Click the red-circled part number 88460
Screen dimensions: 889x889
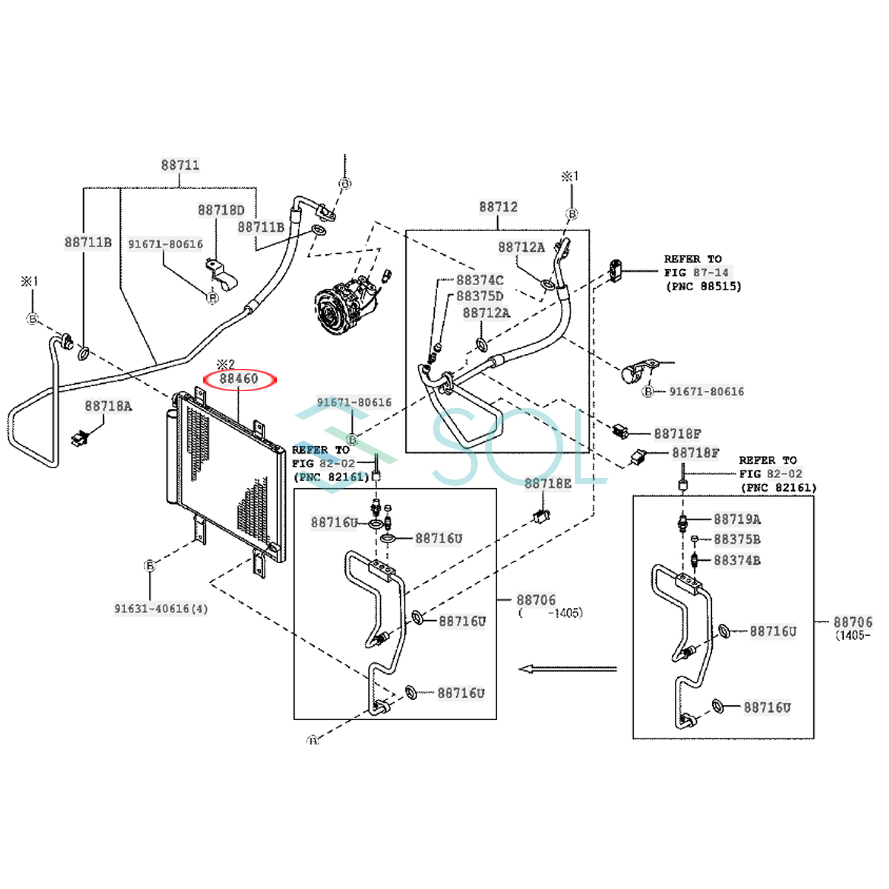point(239,379)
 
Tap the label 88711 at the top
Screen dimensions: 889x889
point(180,165)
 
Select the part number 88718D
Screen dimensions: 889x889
point(221,210)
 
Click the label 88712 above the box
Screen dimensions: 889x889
point(498,207)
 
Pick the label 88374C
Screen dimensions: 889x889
point(479,280)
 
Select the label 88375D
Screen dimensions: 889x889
point(479,296)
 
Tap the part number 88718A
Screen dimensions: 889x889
point(108,406)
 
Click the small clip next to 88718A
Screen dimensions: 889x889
point(79,438)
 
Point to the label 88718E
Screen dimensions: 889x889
point(548,484)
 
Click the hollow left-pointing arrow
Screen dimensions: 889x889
point(567,669)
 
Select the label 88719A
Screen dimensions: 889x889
point(737,519)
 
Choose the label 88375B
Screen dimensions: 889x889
point(737,540)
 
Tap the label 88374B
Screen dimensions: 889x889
point(737,561)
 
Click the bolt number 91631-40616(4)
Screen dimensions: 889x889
point(161,609)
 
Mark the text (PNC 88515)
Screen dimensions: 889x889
point(703,286)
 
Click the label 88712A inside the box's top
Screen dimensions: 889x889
point(521,247)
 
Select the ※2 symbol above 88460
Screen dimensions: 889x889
point(224,364)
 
